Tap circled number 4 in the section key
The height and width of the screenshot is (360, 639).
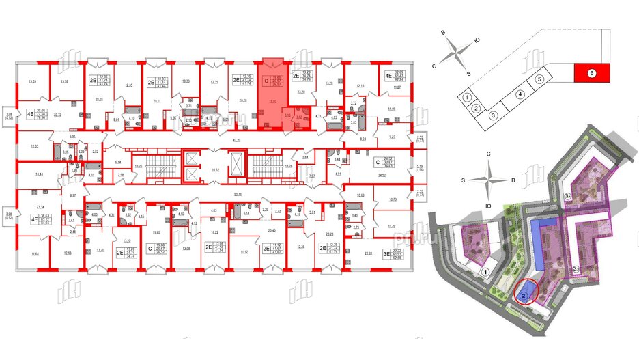520,95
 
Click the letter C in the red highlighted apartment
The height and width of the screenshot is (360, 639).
266,80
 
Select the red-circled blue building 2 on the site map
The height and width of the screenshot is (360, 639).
524,296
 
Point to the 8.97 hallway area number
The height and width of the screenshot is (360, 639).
73,195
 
